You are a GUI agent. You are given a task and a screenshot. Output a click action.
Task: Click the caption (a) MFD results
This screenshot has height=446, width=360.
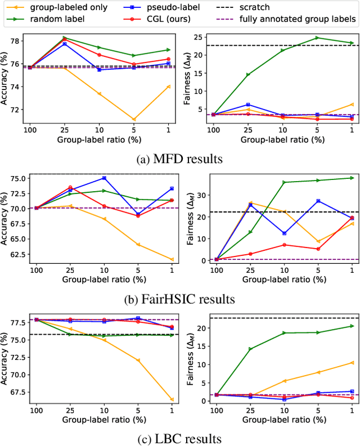click(179, 159)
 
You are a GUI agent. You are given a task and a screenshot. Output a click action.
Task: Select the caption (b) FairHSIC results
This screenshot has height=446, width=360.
click(179, 298)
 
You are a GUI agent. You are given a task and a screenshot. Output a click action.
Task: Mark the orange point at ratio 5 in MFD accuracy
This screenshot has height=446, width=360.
click(134, 119)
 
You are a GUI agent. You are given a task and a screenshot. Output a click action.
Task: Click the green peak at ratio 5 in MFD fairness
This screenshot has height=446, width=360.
click(317, 38)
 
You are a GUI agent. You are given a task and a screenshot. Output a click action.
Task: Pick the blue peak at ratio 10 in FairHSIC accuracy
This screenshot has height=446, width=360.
click(103, 178)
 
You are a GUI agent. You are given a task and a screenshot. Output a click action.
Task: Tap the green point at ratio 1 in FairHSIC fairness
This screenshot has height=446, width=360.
click(352, 178)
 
